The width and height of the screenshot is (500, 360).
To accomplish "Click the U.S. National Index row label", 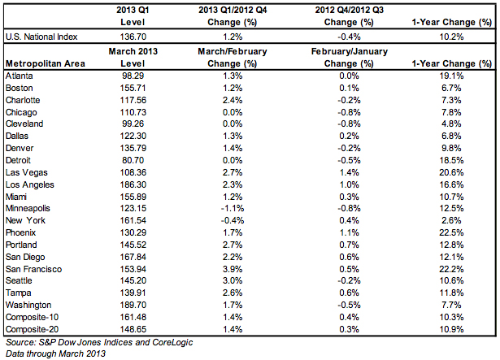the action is click(x=41, y=37).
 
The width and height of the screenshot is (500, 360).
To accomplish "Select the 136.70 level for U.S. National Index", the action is click(x=133, y=37).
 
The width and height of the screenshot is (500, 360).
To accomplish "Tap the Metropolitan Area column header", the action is click(x=46, y=63).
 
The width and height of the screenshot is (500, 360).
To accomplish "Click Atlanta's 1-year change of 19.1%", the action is click(x=451, y=76).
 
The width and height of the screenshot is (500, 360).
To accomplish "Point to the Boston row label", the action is click(x=20, y=88).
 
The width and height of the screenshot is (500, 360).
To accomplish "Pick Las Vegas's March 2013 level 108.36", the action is click(x=133, y=172).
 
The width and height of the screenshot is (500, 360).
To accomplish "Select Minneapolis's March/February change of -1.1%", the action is click(x=233, y=209).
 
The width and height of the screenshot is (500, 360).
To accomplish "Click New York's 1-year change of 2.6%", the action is click(x=451, y=221).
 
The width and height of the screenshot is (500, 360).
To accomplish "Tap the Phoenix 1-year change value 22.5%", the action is click(x=451, y=232).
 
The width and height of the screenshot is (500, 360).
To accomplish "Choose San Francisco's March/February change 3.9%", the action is click(x=233, y=269).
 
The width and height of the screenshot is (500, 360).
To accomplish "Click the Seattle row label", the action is click(x=19, y=280).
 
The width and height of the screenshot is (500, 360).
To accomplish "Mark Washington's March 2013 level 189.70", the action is click(x=133, y=306).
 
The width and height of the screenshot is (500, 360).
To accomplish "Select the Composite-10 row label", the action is click(x=32, y=317).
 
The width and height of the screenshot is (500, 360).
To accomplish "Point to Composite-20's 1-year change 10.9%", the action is click(x=451, y=329).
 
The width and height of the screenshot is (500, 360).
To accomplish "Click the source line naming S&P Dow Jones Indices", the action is click(x=99, y=342).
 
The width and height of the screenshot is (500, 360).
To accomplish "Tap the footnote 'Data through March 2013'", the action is click(x=55, y=353).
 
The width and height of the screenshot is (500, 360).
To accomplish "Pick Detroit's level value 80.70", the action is click(x=133, y=160).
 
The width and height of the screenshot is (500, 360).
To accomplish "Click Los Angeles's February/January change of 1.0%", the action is click(x=349, y=184).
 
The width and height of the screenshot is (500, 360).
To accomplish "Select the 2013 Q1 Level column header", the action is click(x=133, y=16).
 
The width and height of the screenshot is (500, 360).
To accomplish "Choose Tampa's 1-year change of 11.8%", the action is click(x=451, y=293).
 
